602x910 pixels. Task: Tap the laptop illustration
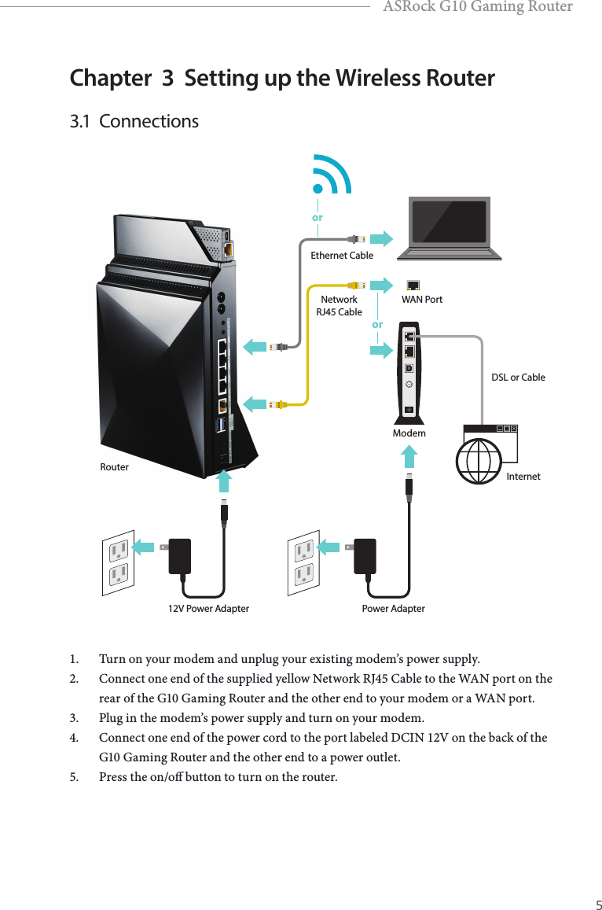[x=449, y=228]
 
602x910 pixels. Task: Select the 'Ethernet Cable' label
[x=342, y=256]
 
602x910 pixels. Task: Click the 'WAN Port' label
[x=422, y=300]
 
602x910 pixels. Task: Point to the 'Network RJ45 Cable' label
[x=339, y=306]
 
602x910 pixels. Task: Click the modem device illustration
[x=409, y=370]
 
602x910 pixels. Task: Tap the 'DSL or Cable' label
[x=518, y=378]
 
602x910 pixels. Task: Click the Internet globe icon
[x=479, y=459]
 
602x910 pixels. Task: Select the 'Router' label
[x=115, y=467]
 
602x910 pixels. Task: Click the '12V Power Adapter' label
[x=208, y=609]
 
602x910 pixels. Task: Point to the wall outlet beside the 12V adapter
[x=117, y=563]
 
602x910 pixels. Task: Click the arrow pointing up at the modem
[x=409, y=459]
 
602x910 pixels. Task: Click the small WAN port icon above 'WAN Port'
[x=413, y=285]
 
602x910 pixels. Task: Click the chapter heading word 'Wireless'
[x=376, y=79]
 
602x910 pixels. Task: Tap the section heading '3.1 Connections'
[x=134, y=122]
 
